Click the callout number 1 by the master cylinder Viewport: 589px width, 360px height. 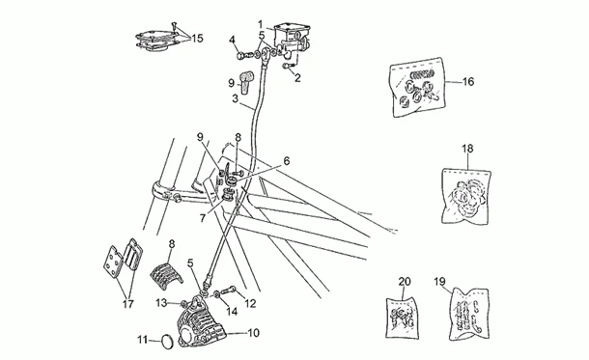coord(260,25)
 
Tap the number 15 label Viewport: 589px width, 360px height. coord(197,39)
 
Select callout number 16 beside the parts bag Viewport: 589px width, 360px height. coord(468,81)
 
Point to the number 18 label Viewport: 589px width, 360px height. coord(467,149)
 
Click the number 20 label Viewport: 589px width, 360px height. coord(405,281)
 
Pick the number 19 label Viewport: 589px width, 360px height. coord(439,281)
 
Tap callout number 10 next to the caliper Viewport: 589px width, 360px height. coord(254,333)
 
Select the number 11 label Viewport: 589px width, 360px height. coord(143,340)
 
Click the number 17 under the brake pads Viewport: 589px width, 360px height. coord(127,304)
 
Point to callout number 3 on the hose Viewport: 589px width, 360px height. coord(236,99)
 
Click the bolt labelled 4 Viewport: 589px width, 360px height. coord(244,56)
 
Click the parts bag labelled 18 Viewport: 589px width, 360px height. coord(465,196)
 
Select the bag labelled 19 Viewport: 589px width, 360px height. coord(469,313)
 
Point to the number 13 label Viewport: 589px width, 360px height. coord(162,302)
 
